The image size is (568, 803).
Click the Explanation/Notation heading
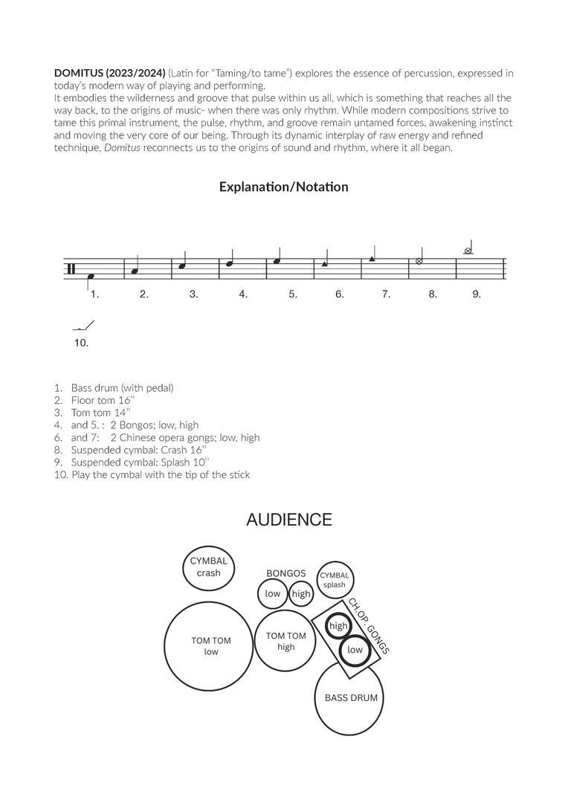coord(283,187)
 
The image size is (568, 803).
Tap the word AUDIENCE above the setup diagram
coord(288,520)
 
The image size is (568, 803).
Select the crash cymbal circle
coord(209,568)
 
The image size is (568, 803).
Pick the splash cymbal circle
coord(335,580)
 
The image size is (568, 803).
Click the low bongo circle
coord(272,593)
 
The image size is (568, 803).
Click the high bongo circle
coord(300,593)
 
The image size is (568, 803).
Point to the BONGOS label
coord(286,573)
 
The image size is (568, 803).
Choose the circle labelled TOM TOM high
coord(285,641)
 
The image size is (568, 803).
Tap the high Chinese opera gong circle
coord(338,625)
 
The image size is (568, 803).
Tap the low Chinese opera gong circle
coord(355,650)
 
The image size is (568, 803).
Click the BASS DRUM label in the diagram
coord(351,698)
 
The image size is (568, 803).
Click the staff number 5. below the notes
coord(293,294)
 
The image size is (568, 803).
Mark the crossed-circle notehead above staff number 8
coord(419,262)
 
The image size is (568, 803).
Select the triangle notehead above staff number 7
coord(372,259)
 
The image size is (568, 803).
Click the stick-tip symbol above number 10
coord(84,326)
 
